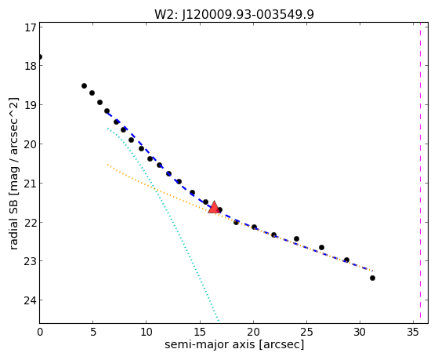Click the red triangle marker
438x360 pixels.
tap(214, 207)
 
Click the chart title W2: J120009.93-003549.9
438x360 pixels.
tap(234, 14)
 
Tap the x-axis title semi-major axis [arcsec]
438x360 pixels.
tap(234, 344)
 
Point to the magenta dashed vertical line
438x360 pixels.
tap(420, 173)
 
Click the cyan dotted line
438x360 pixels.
tap(163, 224)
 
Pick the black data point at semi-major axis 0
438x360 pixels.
tap(40, 56)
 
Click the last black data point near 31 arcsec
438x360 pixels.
tap(372, 278)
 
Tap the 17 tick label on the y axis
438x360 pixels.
tap(31, 27)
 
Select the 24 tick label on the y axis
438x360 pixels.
tap(31, 300)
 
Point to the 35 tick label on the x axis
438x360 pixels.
tap(413, 333)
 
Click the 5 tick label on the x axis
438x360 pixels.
tap(93, 333)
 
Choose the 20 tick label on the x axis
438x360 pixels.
tap(253, 333)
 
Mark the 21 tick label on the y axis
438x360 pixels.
tap(31, 184)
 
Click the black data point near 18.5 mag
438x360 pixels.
tap(84, 85)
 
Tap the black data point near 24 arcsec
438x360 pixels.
tap(296, 238)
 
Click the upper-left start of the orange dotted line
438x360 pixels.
tap(107, 165)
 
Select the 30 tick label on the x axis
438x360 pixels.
tap(360, 333)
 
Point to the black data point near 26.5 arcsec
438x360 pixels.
tap(321, 247)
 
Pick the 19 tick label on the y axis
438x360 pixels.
tap(31, 105)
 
